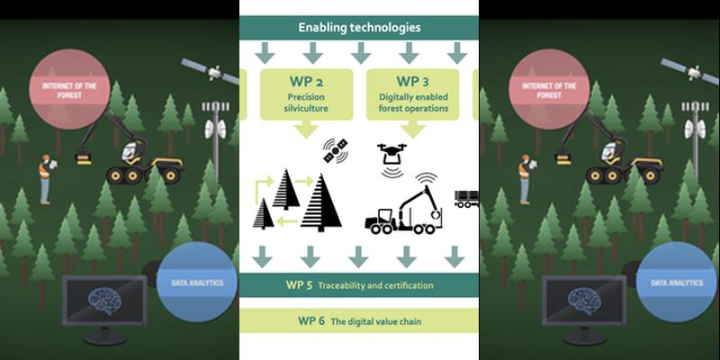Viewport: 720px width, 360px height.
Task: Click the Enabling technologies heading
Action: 359,28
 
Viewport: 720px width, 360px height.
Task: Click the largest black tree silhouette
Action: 322,202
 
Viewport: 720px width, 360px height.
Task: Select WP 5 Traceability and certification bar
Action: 359,286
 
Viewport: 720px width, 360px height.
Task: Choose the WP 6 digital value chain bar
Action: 359,320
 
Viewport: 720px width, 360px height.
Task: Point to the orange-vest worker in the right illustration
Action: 524,176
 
